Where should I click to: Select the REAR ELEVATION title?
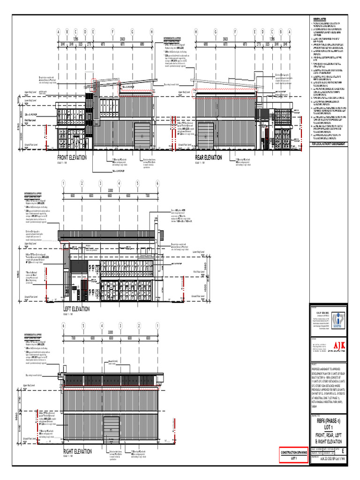pos(208,158)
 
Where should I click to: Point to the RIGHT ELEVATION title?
pos(77,451)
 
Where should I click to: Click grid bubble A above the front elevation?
pos(59,32)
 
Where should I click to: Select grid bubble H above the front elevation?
pos(152,32)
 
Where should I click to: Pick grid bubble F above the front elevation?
pos(112,32)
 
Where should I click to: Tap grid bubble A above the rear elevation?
pos(289,32)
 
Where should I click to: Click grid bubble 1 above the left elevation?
pos(63,183)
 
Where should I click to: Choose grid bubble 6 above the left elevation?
pos(157,183)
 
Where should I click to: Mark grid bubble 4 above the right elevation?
pos(101,326)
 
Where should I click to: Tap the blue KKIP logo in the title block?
pos(338,319)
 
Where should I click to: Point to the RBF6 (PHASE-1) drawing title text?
pos(328,420)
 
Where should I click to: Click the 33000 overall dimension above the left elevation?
pos(111,190)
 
